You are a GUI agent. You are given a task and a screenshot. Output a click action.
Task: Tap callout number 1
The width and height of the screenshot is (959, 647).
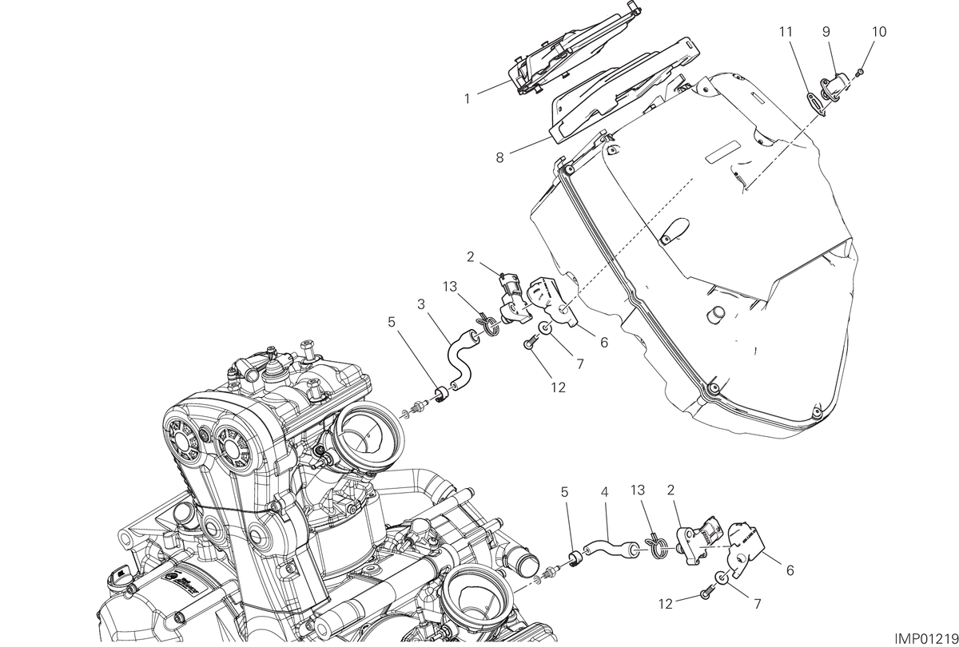(x=468, y=99)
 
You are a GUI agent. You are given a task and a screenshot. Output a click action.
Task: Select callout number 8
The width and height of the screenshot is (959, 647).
(x=499, y=158)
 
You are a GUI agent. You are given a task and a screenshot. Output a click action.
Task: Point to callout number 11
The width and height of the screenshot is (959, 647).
(x=786, y=32)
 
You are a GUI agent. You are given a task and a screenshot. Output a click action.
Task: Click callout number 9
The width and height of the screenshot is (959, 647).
(x=826, y=32)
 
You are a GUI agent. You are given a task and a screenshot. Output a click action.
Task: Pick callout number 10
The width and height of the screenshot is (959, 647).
(x=879, y=32)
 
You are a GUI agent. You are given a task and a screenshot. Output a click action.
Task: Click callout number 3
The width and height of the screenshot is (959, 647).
(x=421, y=304)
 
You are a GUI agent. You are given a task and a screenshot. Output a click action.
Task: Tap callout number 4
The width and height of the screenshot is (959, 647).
(x=604, y=493)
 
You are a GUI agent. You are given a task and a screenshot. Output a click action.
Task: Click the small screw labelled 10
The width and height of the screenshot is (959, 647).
(x=859, y=73)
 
